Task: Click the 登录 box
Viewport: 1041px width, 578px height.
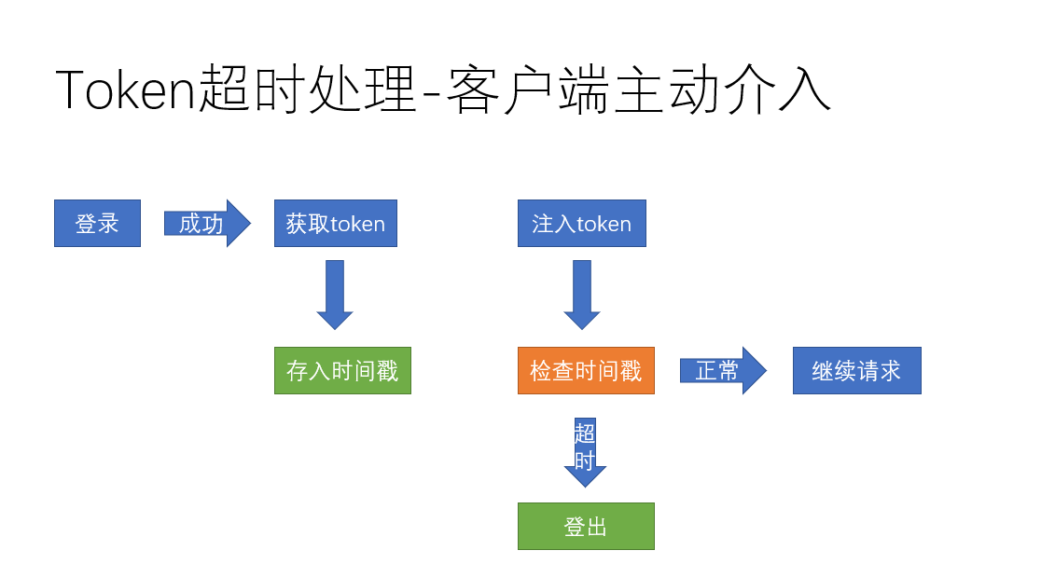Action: pos(97,224)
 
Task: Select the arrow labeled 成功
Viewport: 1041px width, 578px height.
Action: pos(206,224)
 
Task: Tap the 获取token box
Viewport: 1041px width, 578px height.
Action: pos(335,224)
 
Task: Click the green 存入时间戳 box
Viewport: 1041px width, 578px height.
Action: pos(342,371)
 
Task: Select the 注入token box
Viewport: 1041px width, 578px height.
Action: pos(581,224)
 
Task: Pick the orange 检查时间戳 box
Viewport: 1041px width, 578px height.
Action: pos(586,371)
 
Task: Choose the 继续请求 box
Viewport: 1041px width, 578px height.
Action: pos(856,371)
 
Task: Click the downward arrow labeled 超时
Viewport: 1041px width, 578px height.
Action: pos(585,452)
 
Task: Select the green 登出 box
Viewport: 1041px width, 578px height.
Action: pos(586,527)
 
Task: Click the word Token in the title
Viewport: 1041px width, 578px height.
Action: pos(127,91)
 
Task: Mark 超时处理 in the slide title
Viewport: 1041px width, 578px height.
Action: pos(308,91)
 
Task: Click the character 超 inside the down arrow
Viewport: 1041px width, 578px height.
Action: pos(585,433)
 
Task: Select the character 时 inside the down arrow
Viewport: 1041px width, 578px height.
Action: pos(585,460)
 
